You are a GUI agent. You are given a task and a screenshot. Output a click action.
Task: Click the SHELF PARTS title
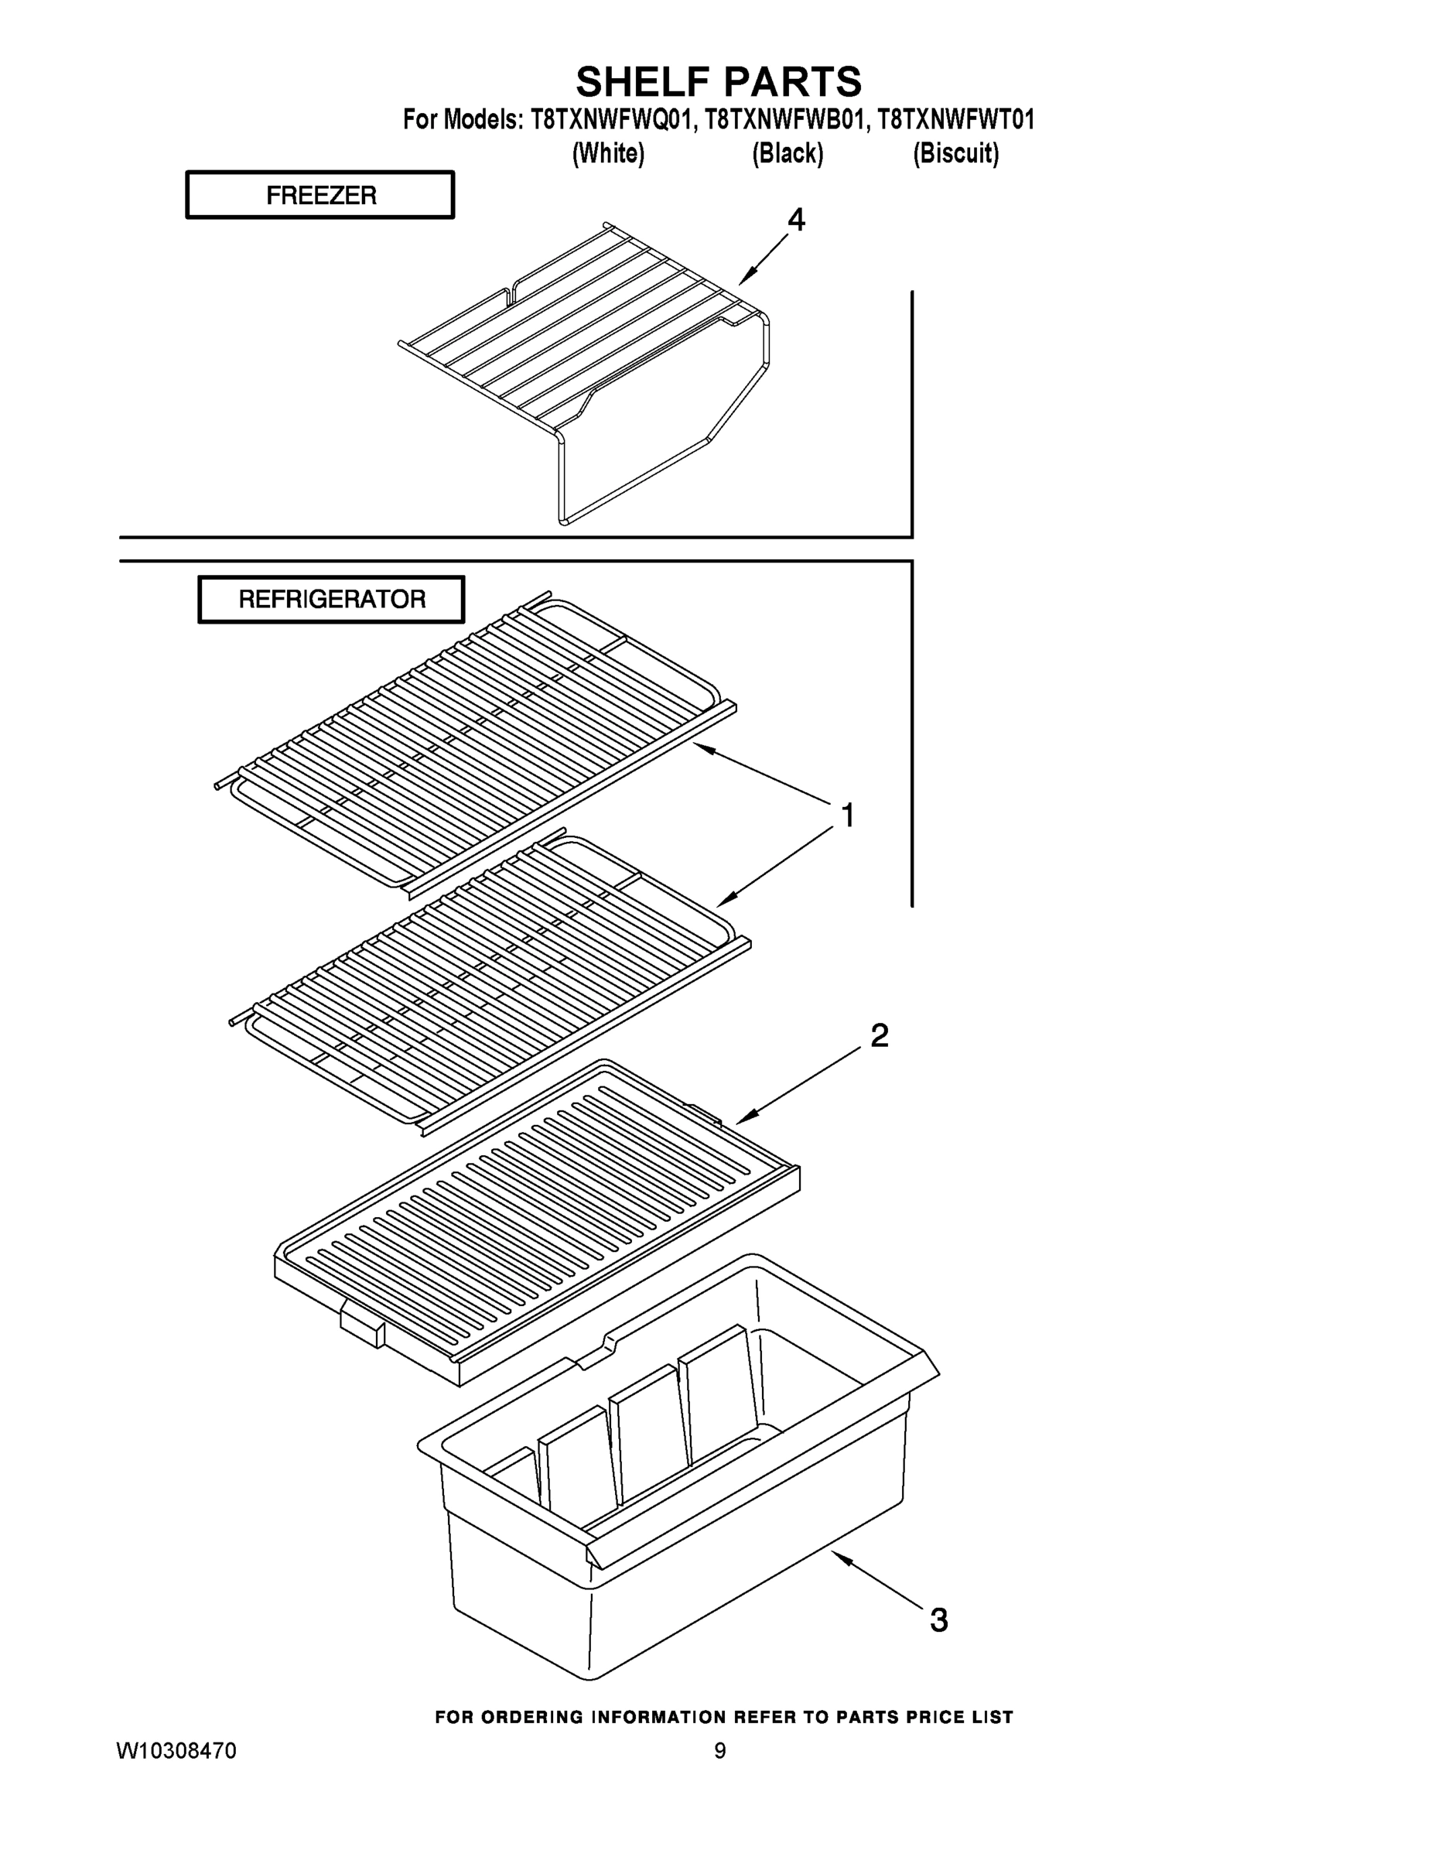[x=719, y=83]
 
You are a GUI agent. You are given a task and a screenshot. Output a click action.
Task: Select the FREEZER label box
[x=319, y=196]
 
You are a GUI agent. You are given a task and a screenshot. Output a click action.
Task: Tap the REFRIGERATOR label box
[x=332, y=600]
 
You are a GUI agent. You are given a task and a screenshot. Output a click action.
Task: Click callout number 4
[x=796, y=221]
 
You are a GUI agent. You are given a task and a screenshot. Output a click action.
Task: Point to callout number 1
[x=847, y=816]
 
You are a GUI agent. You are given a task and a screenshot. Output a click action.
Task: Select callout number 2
[x=879, y=1035]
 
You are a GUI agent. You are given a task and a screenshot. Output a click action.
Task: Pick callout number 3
[x=938, y=1621]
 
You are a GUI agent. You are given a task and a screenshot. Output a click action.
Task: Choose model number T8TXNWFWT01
[x=955, y=120]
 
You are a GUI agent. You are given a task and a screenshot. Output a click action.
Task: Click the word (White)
[x=609, y=154]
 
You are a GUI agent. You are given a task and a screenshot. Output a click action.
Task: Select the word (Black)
[x=788, y=154]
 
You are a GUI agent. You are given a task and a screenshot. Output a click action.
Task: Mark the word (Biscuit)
[x=955, y=154]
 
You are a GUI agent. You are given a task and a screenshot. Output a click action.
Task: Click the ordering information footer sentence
[x=723, y=1717]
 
